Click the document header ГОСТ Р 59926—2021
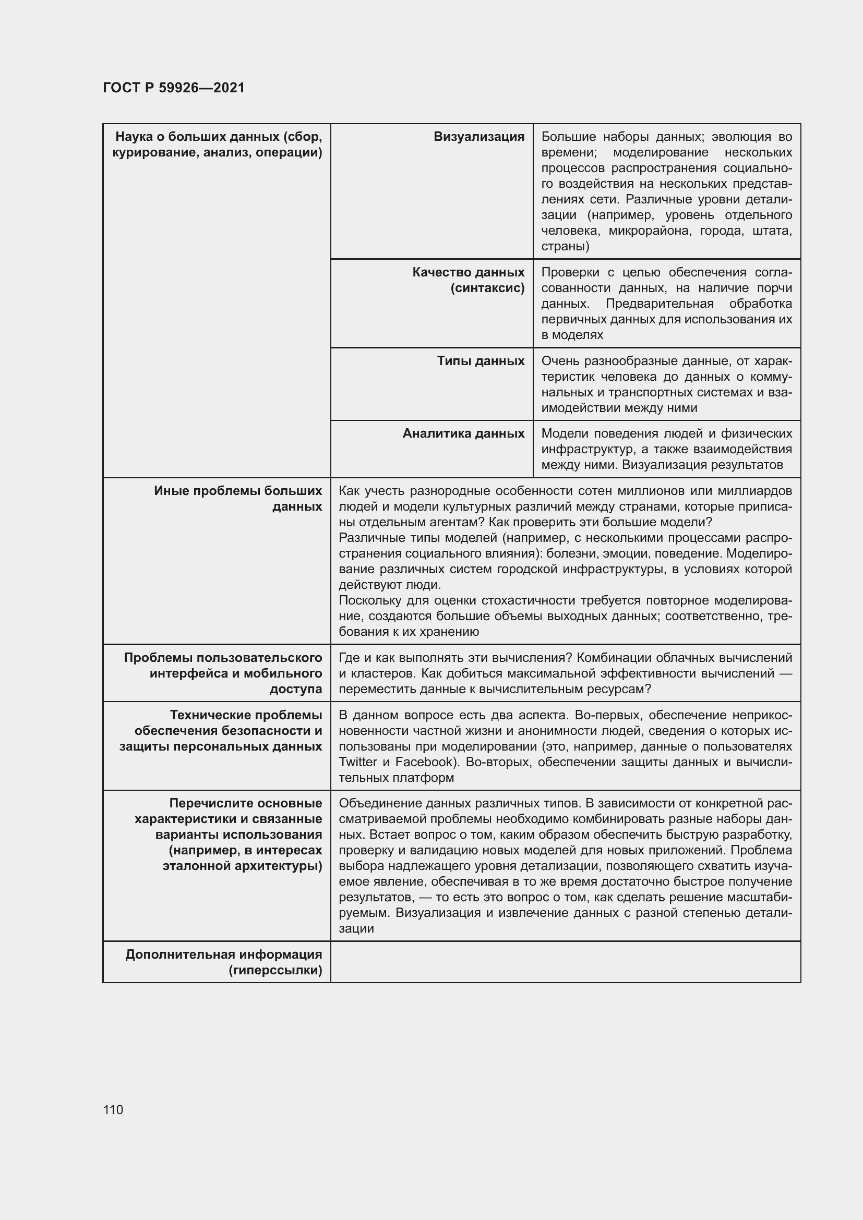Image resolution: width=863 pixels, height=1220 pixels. coord(174,88)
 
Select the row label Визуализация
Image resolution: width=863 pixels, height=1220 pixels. coord(479,137)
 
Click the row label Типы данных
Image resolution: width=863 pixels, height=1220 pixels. coord(481,361)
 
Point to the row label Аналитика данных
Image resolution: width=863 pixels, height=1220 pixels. coord(463,433)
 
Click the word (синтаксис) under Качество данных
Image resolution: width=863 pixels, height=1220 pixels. coord(487,288)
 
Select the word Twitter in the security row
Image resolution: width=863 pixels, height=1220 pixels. coord(357,762)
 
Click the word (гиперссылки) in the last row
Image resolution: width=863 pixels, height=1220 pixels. coord(275,970)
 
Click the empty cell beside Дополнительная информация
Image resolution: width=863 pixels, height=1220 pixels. coord(565,962)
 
